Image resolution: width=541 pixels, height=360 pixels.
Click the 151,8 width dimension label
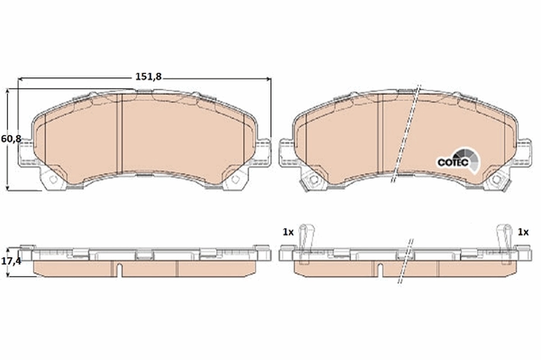[x=148, y=77]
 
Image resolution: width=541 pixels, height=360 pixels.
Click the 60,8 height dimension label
[x=11, y=139]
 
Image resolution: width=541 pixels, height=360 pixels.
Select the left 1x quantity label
[x=288, y=232]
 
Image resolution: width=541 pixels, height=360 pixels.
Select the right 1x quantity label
[x=523, y=232]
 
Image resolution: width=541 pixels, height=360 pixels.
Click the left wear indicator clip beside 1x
[x=307, y=237]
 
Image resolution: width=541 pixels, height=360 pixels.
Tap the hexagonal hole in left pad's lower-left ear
[x=53, y=180]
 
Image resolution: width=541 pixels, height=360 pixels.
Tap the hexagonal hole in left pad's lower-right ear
[x=235, y=179]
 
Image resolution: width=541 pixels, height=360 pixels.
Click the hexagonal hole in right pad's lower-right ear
[x=496, y=180]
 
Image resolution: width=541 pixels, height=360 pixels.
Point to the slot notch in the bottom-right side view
[x=380, y=270]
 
